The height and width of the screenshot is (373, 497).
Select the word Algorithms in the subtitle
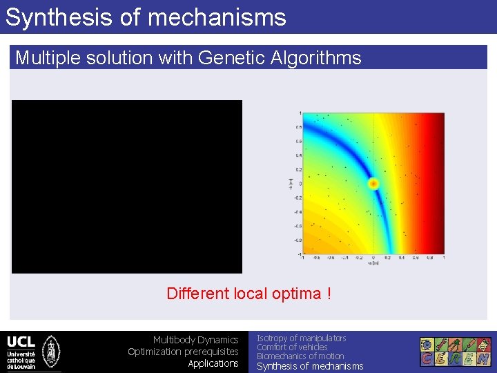click(x=320, y=57)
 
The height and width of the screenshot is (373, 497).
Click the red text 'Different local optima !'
click(x=248, y=294)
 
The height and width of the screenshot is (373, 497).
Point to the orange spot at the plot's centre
click(x=373, y=183)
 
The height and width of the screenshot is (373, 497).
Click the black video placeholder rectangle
click(x=127, y=186)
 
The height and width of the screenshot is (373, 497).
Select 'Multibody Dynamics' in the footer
click(x=195, y=340)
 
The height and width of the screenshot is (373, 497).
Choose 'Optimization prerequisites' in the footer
click(x=183, y=352)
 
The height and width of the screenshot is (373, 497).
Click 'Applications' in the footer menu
click(x=213, y=363)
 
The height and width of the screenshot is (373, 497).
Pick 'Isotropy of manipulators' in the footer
click(x=302, y=338)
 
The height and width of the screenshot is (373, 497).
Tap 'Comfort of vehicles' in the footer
click(x=292, y=347)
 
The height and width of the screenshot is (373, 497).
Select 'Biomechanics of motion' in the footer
click(x=300, y=356)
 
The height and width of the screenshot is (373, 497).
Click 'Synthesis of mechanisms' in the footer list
click(x=310, y=366)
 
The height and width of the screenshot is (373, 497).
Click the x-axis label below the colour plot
click(x=373, y=262)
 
